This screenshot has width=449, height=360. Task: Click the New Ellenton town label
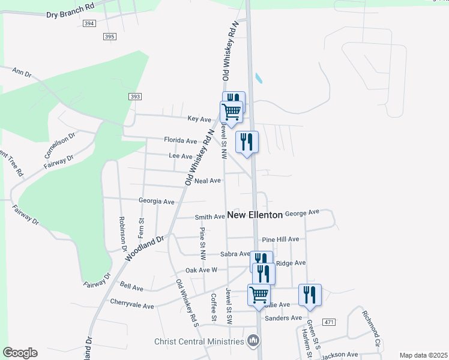(255, 215)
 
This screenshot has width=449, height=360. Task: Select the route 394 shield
(89, 23)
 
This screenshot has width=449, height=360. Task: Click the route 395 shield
(109, 37)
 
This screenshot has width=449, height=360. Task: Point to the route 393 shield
(134, 96)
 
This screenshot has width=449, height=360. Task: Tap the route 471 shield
(328, 323)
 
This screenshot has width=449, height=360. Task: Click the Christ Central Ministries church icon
(253, 341)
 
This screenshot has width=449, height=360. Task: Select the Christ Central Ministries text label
(199, 341)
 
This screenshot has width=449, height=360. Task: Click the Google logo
(19, 353)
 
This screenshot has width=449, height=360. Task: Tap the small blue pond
(259, 78)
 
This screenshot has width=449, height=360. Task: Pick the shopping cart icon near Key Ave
(231, 111)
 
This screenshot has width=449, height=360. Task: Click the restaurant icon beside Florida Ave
(247, 142)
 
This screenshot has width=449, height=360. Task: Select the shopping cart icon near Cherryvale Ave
(259, 295)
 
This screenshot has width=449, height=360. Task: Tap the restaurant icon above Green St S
(310, 295)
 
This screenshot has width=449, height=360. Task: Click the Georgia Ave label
(156, 202)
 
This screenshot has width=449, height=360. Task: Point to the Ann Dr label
(22, 73)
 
